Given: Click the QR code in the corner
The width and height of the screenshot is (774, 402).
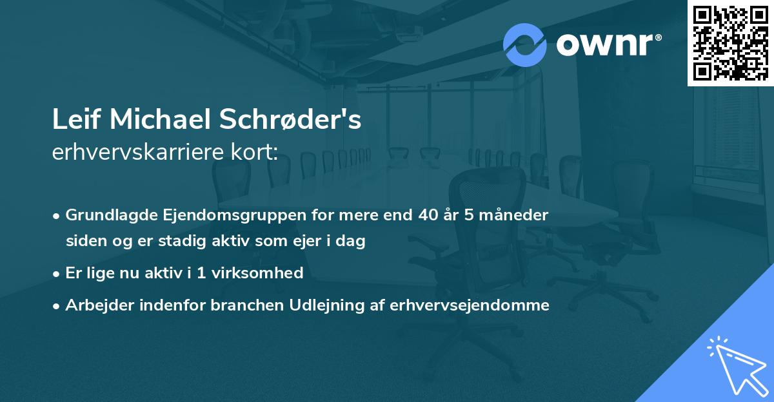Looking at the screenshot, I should pyautogui.click(x=730, y=43).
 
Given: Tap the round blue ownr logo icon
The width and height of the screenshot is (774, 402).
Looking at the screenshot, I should pyautogui.click(x=524, y=45).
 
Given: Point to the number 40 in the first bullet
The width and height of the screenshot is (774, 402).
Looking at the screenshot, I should pyautogui.click(x=424, y=215).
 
